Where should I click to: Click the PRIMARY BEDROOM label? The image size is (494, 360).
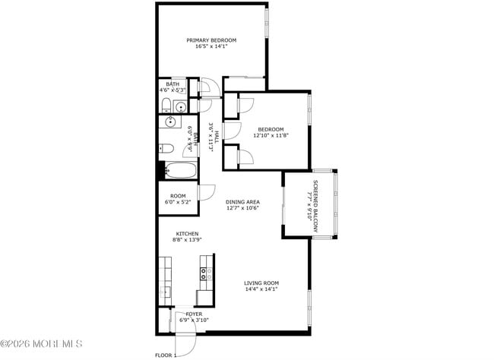pos(212,40)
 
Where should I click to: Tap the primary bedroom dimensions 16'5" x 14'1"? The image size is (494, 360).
pos(212,47)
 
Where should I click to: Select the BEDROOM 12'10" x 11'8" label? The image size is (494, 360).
pos(271,132)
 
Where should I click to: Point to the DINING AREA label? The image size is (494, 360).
pos(242,201)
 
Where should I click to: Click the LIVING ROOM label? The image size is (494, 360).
pos(261,283)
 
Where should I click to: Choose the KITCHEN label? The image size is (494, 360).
pos(188,233)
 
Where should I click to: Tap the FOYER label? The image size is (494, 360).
pos(183,314)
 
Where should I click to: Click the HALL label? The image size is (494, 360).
pos(217,137)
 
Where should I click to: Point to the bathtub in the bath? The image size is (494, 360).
pos(182,171)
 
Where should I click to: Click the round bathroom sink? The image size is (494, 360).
pos(170,121)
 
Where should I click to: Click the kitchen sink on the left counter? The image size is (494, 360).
pos(165,291)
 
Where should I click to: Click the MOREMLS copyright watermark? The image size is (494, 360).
pos(41,344)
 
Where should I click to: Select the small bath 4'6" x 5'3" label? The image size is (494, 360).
pos(173,87)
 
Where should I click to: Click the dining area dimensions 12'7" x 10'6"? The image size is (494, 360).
pos(242,208)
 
